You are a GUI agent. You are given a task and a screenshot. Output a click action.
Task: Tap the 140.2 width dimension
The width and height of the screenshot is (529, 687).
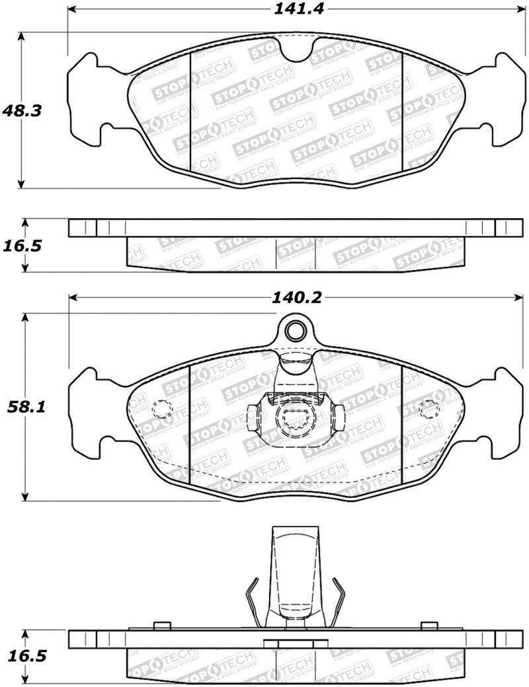tap(296, 298)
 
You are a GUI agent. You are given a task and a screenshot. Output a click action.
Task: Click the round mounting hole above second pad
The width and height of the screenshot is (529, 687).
tap(296, 330)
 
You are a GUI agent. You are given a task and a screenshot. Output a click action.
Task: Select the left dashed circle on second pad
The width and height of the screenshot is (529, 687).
tap(161, 410)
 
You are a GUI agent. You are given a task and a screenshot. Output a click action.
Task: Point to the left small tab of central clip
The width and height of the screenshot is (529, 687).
tap(251, 417)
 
